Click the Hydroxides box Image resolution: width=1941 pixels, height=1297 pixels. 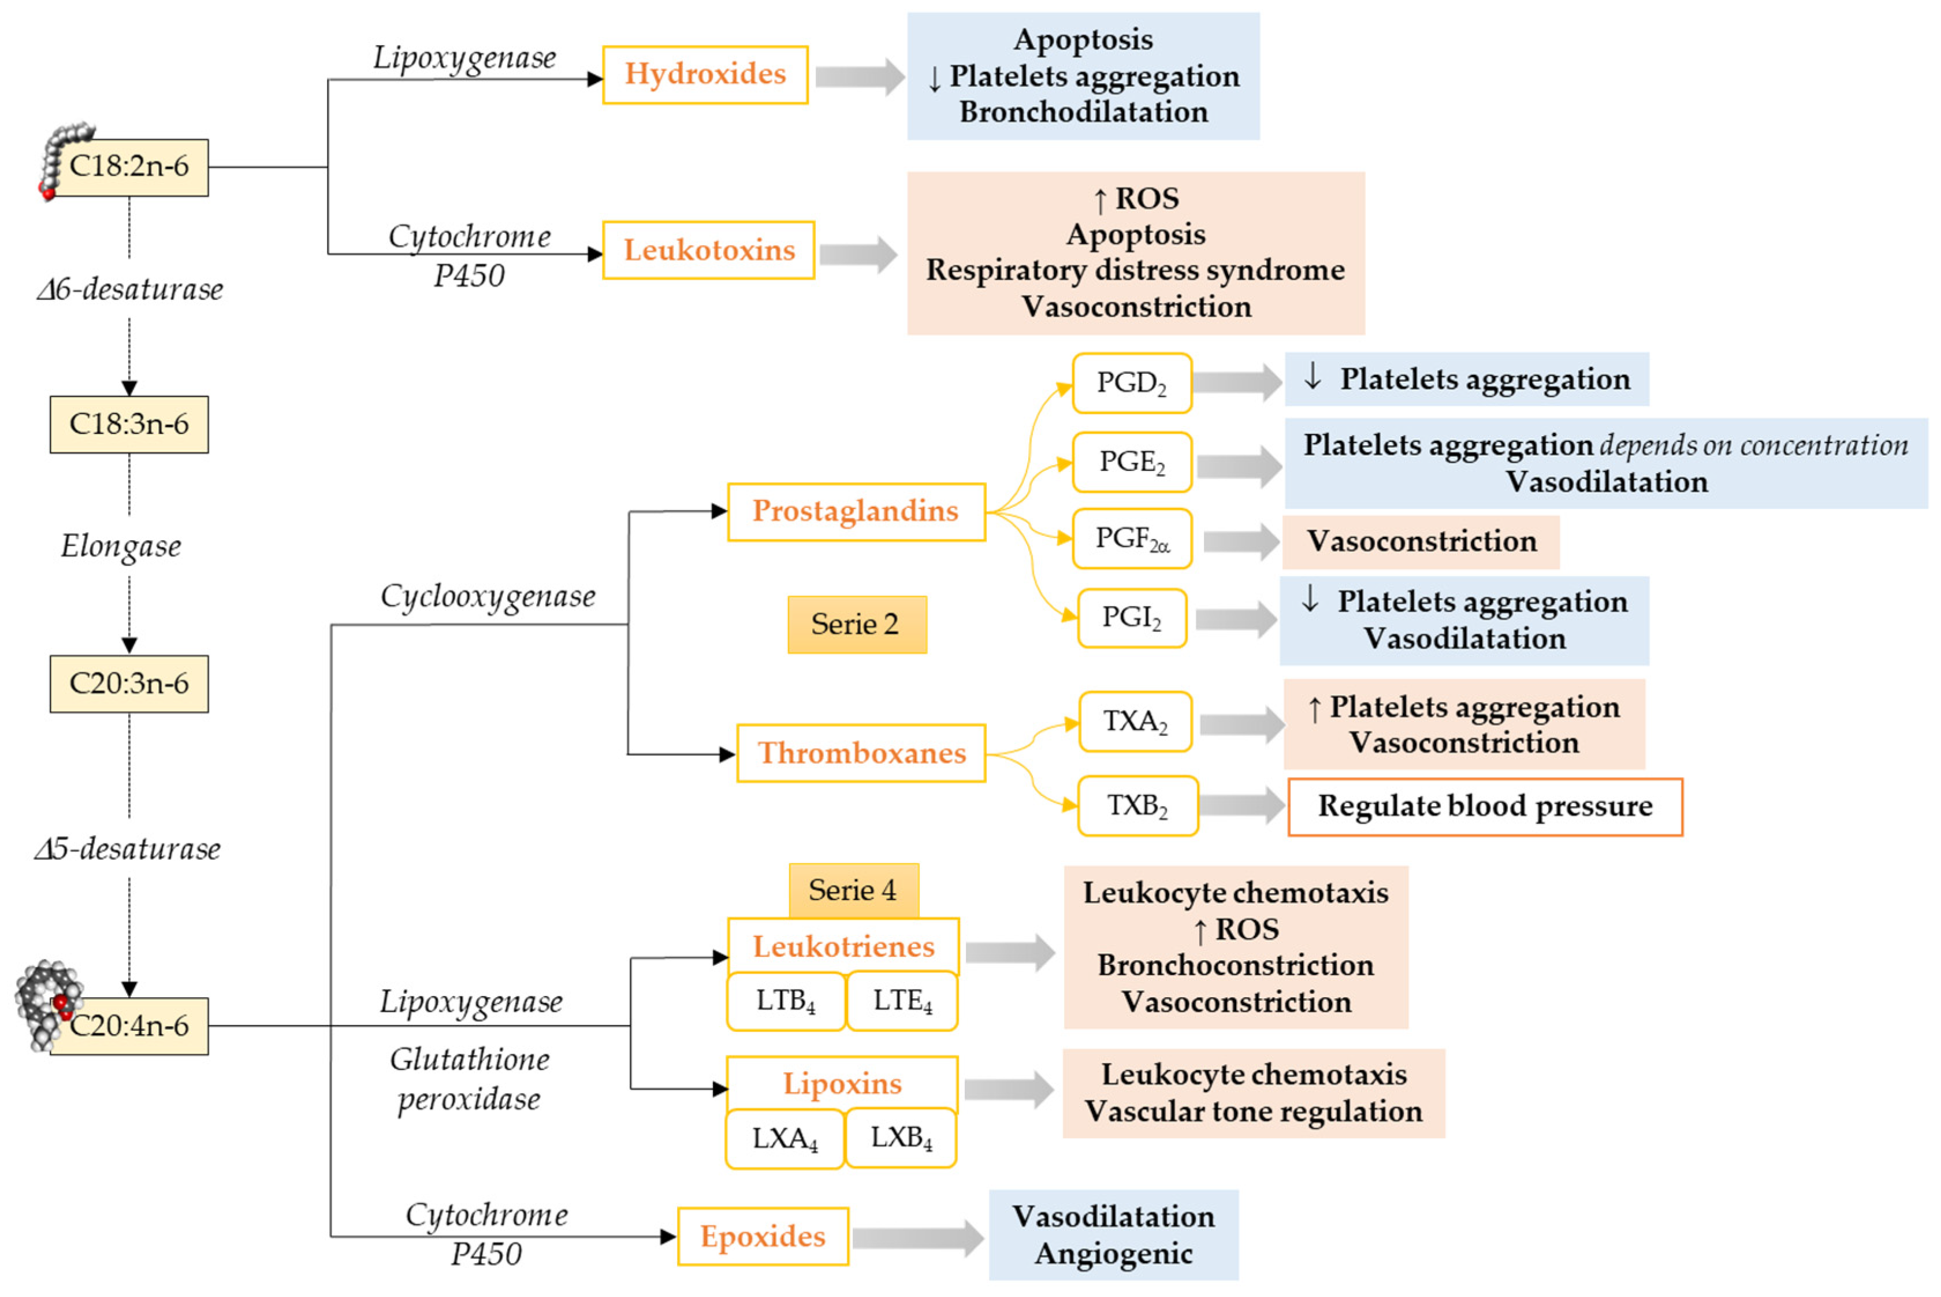tap(705, 75)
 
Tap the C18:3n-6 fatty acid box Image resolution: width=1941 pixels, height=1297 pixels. tap(129, 424)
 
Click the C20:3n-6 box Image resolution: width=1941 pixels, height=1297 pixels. tap(129, 684)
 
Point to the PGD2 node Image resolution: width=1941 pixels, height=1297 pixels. tap(1131, 384)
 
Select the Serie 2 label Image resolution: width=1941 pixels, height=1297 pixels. tap(856, 625)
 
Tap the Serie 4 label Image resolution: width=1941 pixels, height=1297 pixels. tap(853, 891)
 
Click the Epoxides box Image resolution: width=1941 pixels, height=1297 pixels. tap(763, 1236)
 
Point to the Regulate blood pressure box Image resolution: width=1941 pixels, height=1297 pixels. tap(1485, 807)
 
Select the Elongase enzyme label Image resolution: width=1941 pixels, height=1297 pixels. tap(121, 547)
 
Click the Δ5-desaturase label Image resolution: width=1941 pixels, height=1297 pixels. tap(128, 849)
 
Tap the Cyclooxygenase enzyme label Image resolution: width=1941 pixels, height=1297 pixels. tap(487, 596)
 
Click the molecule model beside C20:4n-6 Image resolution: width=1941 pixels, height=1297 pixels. tap(47, 1004)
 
